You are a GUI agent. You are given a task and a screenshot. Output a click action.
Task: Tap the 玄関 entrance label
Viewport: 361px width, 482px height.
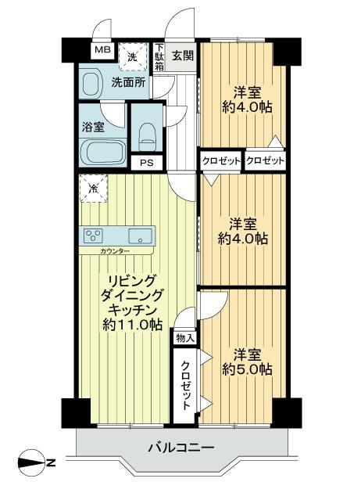click(x=182, y=56)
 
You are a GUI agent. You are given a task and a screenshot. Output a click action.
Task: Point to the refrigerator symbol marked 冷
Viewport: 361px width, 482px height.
click(x=93, y=188)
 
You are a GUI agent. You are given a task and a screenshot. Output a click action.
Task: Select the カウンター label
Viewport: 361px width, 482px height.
click(x=115, y=251)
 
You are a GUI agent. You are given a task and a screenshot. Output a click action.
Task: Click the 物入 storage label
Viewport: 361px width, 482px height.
click(x=184, y=337)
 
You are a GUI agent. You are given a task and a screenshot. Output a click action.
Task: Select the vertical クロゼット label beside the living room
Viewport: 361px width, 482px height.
click(x=185, y=385)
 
